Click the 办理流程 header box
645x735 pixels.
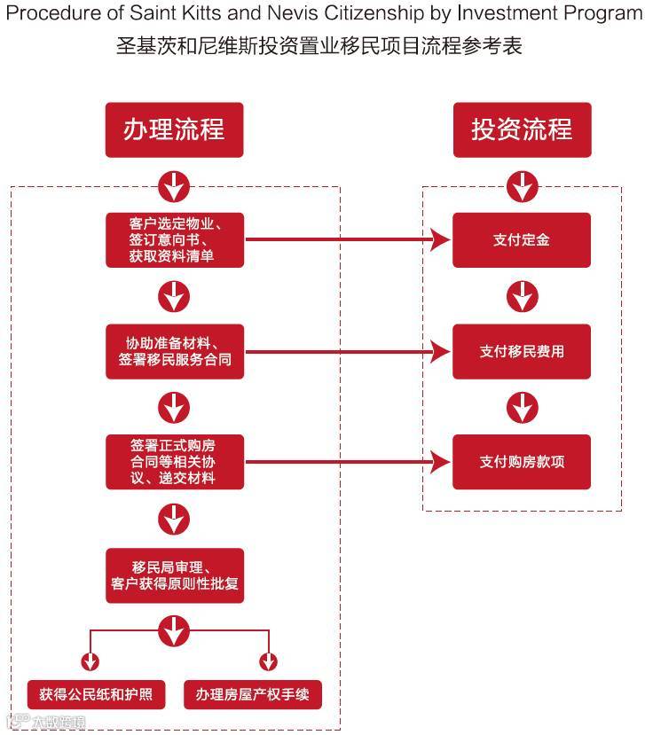[174, 130]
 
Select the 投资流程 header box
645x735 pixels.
[522, 130]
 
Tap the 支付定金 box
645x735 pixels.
[522, 239]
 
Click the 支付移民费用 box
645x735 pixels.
[522, 351]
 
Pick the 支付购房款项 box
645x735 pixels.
[522, 462]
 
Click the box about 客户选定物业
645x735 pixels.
[174, 239]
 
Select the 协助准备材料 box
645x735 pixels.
[174, 351]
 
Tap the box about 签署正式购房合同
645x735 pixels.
[174, 462]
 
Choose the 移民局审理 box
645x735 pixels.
[174, 575]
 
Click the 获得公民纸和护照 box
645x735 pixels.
[96, 694]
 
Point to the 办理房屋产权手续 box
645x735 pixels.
[253, 694]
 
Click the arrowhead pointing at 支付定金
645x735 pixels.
[441, 239]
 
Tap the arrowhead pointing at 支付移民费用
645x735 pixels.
[441, 352]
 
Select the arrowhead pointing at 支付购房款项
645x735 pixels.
[441, 462]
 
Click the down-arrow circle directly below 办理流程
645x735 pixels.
[174, 186]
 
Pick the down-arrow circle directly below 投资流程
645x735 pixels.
[522, 186]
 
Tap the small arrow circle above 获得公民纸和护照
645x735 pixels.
[90, 661]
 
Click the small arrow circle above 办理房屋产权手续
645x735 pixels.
[268, 661]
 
